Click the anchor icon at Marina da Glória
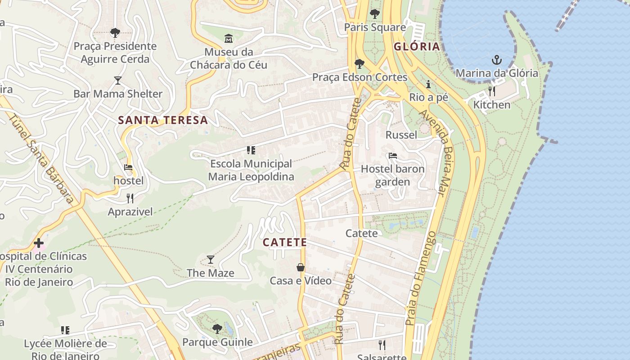[x=497, y=59]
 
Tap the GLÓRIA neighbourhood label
[x=416, y=46]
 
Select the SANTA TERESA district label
[x=163, y=120]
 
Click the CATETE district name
[x=285, y=242]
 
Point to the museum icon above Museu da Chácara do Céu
[x=229, y=39]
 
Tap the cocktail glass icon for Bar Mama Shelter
[x=118, y=81]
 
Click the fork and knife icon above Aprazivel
[x=130, y=198]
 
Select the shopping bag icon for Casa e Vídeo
[x=301, y=267]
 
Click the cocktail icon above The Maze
[x=210, y=260]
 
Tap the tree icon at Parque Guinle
[x=217, y=329]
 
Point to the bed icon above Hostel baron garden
[x=393, y=156]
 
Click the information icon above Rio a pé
[x=428, y=84]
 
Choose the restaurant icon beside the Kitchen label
[x=492, y=91]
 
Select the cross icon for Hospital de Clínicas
[x=39, y=243]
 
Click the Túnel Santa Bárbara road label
[x=41, y=157]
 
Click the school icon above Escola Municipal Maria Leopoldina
[x=251, y=150]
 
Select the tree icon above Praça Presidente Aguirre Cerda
[x=115, y=32]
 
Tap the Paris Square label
[x=375, y=27]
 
